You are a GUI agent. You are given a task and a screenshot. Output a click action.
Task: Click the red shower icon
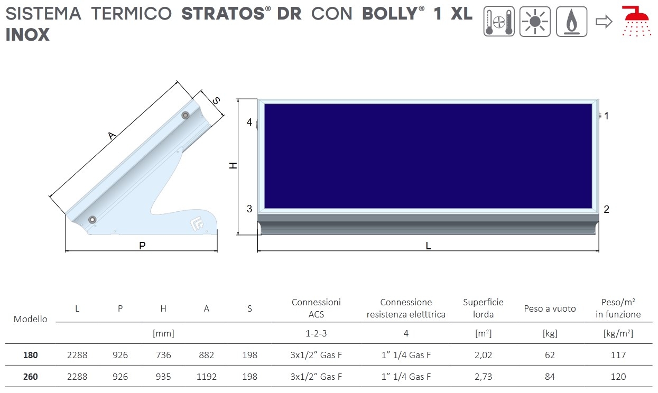pyautogui.click(x=636, y=21)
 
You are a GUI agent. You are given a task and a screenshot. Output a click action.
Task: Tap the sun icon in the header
pyautogui.click(x=535, y=22)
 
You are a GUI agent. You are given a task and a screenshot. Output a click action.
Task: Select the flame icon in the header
pyautogui.click(x=572, y=22)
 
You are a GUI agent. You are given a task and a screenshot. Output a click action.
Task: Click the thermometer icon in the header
pyautogui.click(x=499, y=22)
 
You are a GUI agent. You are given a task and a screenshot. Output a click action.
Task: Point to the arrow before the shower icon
pyautogui.click(x=604, y=22)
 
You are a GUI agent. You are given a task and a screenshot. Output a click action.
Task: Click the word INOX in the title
pyautogui.click(x=27, y=35)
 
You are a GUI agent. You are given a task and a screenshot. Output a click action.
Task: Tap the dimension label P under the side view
pyautogui.click(x=142, y=246)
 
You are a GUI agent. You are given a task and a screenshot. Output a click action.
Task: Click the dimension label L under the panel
pyautogui.click(x=428, y=246)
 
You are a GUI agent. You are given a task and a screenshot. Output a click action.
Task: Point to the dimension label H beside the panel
pyautogui.click(x=233, y=166)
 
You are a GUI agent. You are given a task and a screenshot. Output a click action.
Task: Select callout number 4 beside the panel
pyautogui.click(x=249, y=122)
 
